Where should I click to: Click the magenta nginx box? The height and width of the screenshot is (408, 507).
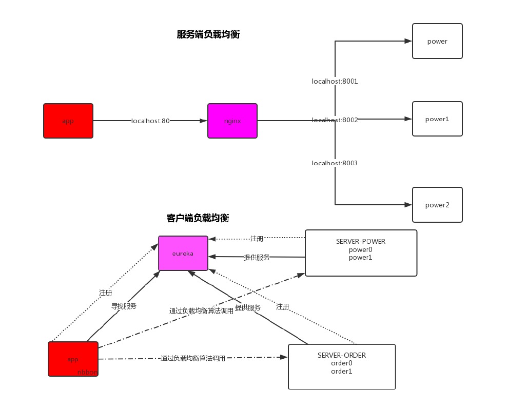pos(232,121)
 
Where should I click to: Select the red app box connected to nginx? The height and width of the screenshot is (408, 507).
pos(68,121)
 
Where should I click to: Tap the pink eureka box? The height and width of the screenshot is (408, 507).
pos(183,253)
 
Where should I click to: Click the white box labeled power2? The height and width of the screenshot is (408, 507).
pos(437,205)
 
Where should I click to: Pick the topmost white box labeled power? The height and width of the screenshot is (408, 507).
pos(437,41)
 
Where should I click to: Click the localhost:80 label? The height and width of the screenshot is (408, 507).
pos(150,121)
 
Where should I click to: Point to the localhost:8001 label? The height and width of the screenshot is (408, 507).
pos(335,81)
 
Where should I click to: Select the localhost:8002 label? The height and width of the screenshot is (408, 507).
pos(335,120)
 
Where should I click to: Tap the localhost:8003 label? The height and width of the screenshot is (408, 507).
pos(335,163)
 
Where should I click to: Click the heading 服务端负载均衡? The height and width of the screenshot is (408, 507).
pos(208,34)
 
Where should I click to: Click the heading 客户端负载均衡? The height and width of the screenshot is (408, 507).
pos(198,218)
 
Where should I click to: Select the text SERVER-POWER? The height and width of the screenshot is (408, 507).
pos(361,241)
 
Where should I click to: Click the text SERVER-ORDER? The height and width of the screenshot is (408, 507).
pos(342,355)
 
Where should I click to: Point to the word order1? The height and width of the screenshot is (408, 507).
pos(342,371)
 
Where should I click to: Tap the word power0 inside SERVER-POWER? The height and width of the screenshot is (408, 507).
pos(361,249)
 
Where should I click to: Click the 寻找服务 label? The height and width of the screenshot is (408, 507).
pos(124,306)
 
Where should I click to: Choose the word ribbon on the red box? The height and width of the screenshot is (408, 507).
pos(87,372)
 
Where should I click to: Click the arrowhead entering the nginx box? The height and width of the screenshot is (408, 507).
pos(204,121)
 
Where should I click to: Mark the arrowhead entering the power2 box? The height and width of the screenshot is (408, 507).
pos(408,205)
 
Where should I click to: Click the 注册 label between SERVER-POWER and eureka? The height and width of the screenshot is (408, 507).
pos(257,239)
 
